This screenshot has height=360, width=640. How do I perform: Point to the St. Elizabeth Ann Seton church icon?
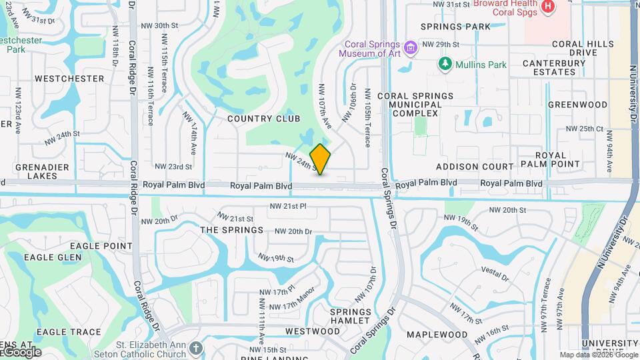[x=195, y=348]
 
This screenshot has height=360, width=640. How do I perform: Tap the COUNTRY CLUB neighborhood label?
[x=259, y=119]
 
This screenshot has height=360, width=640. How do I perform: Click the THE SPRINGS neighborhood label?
[x=232, y=230]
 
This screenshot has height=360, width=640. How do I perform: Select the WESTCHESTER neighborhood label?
[x=69, y=79]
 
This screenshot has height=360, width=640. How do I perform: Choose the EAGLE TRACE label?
[x=69, y=332]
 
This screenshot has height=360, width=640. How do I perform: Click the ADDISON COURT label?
[x=475, y=167]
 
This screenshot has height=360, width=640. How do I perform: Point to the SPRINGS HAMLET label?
[x=351, y=316]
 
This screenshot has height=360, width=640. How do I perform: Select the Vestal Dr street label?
[x=495, y=273]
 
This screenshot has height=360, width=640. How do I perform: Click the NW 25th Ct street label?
[x=584, y=129]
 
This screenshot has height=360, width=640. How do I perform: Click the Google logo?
[x=22, y=352]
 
